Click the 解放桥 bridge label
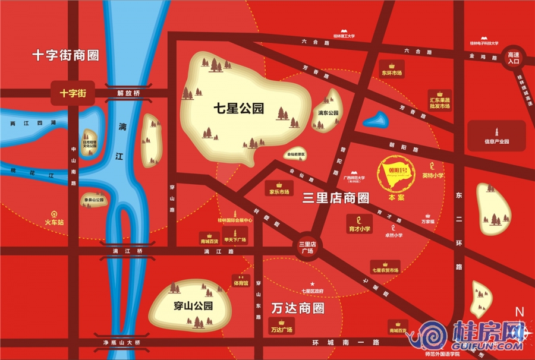[x=128, y=93]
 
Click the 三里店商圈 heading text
[x=336, y=198]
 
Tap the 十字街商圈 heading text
[x=65, y=56]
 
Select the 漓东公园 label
[x=328, y=112]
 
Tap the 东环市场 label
[x=392, y=73]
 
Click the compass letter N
[x=519, y=311]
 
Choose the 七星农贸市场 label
[x=385, y=270]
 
